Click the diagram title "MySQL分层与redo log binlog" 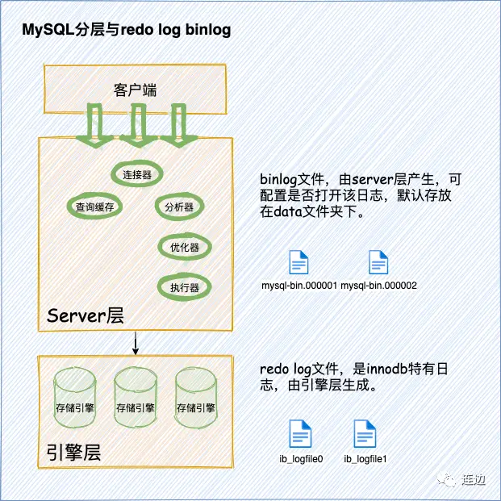(x=127, y=31)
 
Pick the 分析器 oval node (x=178, y=207)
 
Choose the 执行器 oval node (x=179, y=286)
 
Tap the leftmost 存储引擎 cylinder (x=75, y=399)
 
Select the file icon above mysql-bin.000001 (x=299, y=263)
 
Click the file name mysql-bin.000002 (x=378, y=286)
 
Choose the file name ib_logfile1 (x=366, y=459)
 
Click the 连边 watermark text (x=474, y=480)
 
